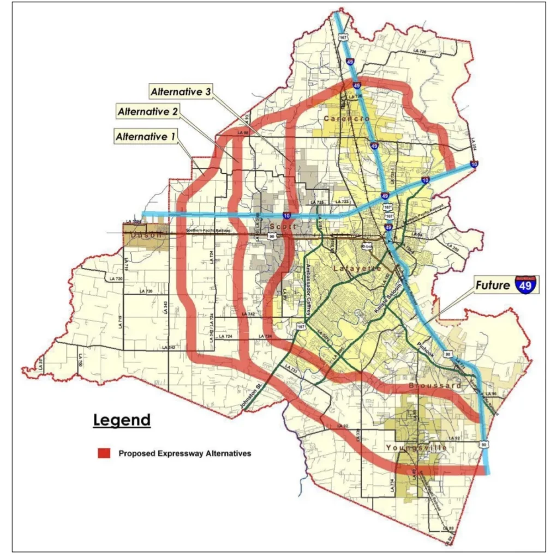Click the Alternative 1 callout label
145,137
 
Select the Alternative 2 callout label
148,112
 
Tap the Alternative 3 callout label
181,92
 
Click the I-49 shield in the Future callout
525,284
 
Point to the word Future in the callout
493,284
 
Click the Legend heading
121,420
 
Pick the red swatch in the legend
104,453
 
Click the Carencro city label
347,118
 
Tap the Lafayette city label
355,269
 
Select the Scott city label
282,227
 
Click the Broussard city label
435,385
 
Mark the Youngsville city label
416,447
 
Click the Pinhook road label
424,347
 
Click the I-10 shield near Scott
286,216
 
